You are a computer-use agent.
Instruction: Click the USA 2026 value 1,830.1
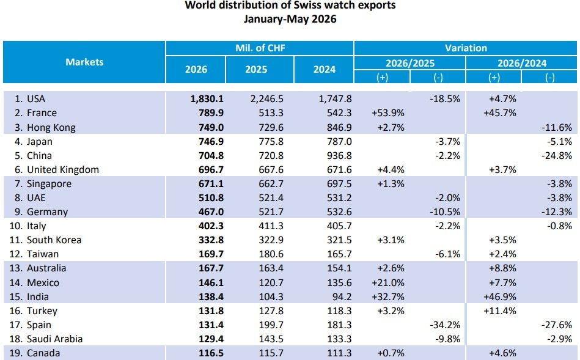tap(207, 99)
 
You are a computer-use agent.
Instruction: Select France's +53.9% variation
tap(388, 113)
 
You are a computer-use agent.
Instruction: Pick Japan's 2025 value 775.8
tap(271, 142)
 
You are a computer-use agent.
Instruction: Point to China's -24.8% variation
tap(557, 156)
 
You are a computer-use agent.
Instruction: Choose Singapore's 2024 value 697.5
tap(339, 184)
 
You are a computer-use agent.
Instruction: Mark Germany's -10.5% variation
tap(445, 212)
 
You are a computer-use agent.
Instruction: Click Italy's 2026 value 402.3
tap(211, 226)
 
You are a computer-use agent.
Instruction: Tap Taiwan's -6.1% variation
tap(447, 254)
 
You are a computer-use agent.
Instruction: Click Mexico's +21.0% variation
tap(388, 282)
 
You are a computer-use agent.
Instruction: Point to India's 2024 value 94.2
tap(342, 296)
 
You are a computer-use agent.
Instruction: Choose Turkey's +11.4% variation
tap(500, 310)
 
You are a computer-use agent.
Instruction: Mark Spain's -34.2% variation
tap(445, 325)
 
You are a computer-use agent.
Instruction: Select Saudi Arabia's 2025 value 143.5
tap(271, 339)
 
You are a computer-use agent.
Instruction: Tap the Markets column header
tap(84, 62)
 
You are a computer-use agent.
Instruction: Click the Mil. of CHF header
tap(260, 48)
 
